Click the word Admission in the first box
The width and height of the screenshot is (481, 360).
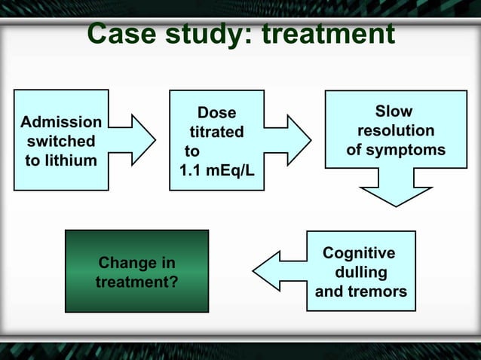[x=61, y=122]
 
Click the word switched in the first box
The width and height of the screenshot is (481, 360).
[x=61, y=141]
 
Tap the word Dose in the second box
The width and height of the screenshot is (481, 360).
[x=216, y=113]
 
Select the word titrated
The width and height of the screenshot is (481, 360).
[x=216, y=132]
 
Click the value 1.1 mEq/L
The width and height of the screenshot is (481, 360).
[x=216, y=170]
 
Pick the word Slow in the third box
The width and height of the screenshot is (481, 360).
[x=394, y=112]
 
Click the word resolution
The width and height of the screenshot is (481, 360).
[x=395, y=131]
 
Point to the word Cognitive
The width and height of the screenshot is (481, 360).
[x=359, y=253]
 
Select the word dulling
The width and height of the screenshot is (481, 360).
[x=360, y=272]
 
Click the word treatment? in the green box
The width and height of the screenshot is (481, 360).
[x=136, y=282]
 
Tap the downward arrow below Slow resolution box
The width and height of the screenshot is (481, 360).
[x=395, y=188]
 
